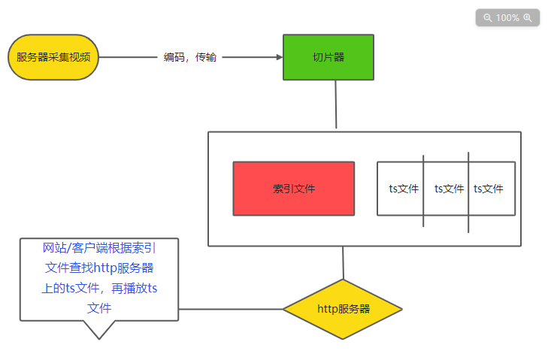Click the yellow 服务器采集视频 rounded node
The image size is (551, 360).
(53, 57)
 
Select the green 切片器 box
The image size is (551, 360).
(328, 57)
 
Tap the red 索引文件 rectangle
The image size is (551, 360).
(293, 189)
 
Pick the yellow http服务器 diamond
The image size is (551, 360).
(343, 309)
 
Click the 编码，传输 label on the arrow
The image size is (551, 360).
(190, 57)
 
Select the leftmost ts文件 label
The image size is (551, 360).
(404, 189)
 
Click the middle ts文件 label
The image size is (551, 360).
(449, 189)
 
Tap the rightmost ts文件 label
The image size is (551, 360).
(489, 189)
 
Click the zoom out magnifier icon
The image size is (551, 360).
(487, 17)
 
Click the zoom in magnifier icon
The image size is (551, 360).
(528, 17)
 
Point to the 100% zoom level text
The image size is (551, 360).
(507, 17)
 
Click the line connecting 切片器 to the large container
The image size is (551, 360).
(336, 105)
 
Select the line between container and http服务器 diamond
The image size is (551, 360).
(343, 262)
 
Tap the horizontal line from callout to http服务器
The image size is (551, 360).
(230, 309)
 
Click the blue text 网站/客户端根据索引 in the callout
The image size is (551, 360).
(99, 248)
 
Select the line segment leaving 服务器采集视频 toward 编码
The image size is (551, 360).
(128, 57)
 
